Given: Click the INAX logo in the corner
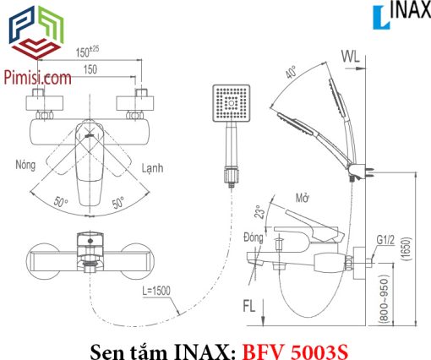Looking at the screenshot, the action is (401, 16).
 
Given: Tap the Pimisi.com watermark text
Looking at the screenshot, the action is (37, 78).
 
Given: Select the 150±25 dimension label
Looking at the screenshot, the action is (87, 52).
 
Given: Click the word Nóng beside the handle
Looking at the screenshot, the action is (25, 165).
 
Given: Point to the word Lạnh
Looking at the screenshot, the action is (152, 168).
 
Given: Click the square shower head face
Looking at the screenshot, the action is (232, 103).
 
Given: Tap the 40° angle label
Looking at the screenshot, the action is (291, 72).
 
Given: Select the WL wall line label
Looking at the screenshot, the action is (351, 57).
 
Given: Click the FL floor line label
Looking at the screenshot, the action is (249, 306).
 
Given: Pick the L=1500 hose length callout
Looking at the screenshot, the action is (156, 291).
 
